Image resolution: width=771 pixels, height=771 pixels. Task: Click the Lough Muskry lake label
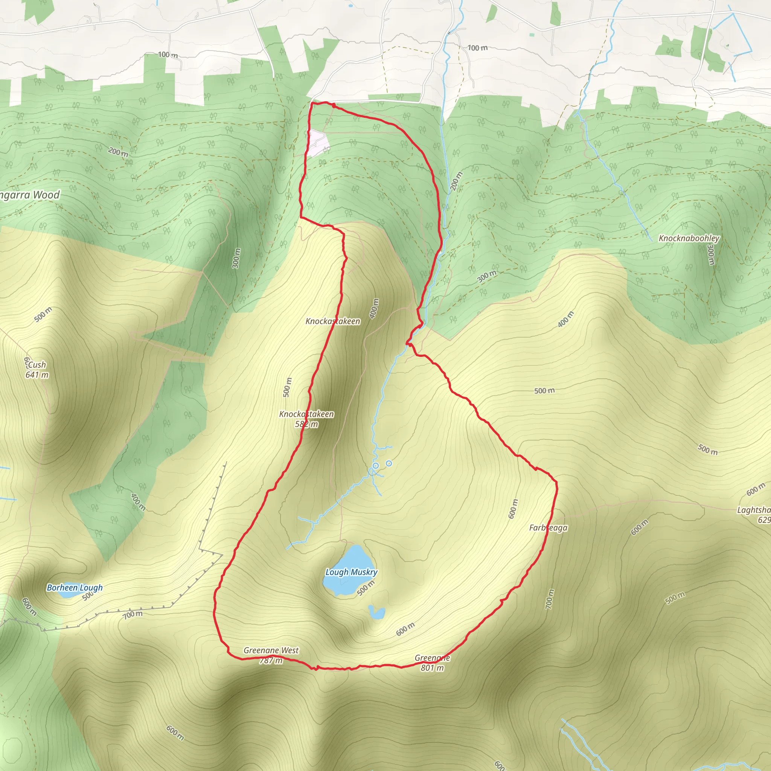pyautogui.click(x=351, y=572)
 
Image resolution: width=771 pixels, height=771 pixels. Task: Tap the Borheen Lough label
pyautogui.click(x=75, y=587)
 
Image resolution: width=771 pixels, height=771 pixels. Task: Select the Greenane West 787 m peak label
pyautogui.click(x=271, y=655)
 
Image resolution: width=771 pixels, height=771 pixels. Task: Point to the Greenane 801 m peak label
pyautogui.click(x=432, y=663)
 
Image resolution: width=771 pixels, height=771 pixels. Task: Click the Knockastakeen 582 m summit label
pyautogui.click(x=306, y=419)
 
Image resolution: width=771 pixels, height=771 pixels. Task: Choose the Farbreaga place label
pyautogui.click(x=548, y=527)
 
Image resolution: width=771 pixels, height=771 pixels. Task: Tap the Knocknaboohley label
pyautogui.click(x=689, y=238)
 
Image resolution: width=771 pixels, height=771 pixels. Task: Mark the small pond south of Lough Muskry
pyautogui.click(x=377, y=612)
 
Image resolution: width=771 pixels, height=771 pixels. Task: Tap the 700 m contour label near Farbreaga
pyautogui.click(x=550, y=599)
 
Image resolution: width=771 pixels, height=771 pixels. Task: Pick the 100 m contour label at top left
pyautogui.click(x=168, y=54)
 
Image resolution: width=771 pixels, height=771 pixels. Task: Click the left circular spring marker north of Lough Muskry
pyautogui.click(x=375, y=465)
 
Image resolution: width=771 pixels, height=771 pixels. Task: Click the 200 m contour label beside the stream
pyautogui.click(x=456, y=181)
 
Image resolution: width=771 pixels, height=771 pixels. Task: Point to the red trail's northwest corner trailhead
pyautogui.click(x=311, y=104)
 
